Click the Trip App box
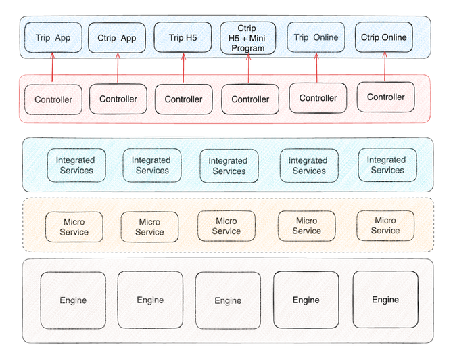(53, 37)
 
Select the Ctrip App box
(116, 37)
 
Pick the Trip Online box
(316, 37)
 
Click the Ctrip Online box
(384, 37)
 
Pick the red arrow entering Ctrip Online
(385, 68)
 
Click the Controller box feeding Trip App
(53, 99)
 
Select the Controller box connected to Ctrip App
(118, 99)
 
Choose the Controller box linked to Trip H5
(183, 99)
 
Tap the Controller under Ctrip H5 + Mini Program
(250, 99)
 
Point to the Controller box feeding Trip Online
(318, 98)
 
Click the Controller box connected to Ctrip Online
(385, 97)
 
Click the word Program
(247, 48)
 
